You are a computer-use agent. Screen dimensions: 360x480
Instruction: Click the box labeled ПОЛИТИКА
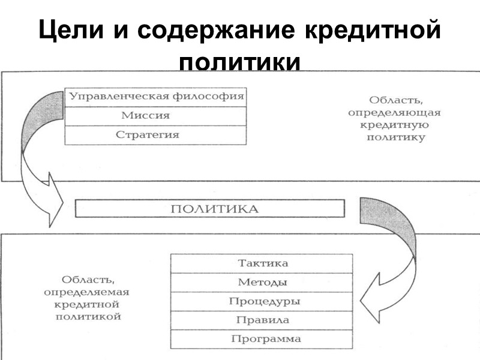tap(210, 209)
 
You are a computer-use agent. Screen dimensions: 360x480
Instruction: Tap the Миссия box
tap(155, 116)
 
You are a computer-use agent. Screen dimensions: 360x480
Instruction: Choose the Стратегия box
tap(155, 135)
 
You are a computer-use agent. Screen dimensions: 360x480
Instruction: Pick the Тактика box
tap(262, 263)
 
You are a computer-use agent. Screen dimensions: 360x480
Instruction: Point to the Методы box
tap(262, 283)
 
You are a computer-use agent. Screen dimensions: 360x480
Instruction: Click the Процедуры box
tap(262, 301)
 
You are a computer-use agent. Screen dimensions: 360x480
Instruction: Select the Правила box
tap(262, 320)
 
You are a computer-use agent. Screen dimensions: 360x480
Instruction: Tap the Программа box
tap(262, 339)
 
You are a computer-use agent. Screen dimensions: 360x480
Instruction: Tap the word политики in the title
tap(240, 62)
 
